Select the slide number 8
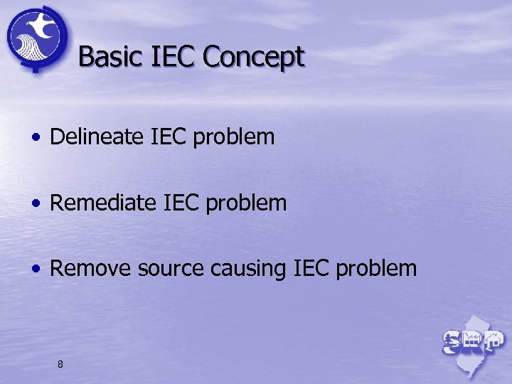(60, 364)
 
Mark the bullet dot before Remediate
(35, 204)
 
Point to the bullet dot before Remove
(35, 270)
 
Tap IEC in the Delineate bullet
(168, 137)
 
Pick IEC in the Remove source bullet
(311, 268)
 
